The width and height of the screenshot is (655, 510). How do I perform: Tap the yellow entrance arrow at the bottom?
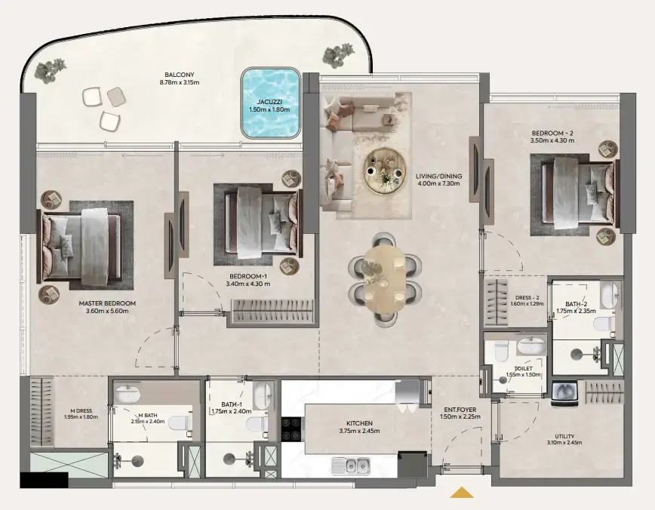click(x=461, y=493)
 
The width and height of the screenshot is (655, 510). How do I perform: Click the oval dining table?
click(x=384, y=276)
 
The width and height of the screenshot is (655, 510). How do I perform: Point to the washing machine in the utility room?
click(x=564, y=392)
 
